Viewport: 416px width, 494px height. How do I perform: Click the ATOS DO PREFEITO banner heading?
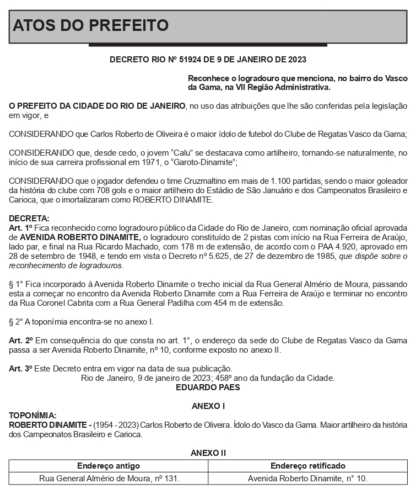point(90,25)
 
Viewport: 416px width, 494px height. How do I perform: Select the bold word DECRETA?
point(29,219)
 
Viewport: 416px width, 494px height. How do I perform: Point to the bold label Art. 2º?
point(21,341)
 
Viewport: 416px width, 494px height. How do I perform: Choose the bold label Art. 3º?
point(21,369)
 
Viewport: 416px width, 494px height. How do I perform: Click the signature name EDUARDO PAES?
point(208,387)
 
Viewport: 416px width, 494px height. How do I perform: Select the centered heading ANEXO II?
point(208,453)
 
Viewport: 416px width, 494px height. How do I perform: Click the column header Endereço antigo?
point(109,466)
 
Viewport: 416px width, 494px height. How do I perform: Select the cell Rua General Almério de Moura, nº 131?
point(109,478)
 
